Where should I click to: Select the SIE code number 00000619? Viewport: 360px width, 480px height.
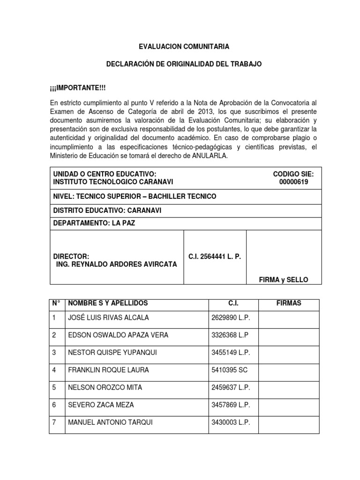pyautogui.click(x=293, y=182)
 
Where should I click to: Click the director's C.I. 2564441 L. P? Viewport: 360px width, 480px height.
pyautogui.click(x=214, y=256)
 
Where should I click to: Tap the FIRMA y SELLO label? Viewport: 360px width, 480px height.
pyautogui.click(x=284, y=279)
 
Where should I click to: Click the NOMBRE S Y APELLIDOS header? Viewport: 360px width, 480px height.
pyautogui.click(x=108, y=303)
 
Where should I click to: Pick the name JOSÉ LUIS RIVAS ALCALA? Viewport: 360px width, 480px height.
pyautogui.click(x=108, y=317)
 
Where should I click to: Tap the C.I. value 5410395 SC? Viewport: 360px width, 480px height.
pyautogui.click(x=229, y=370)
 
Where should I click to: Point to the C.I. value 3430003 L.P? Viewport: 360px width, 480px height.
pyautogui.click(x=231, y=422)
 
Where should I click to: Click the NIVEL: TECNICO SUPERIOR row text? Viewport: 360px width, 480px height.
pyautogui.click(x=135, y=196)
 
